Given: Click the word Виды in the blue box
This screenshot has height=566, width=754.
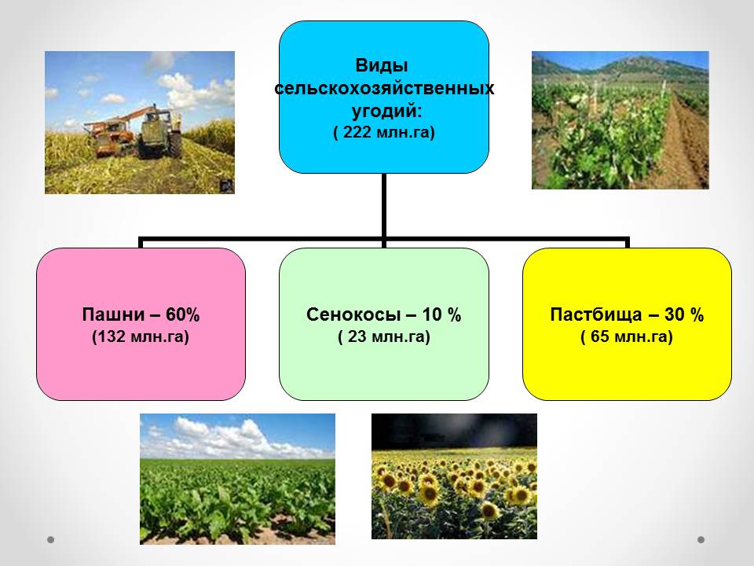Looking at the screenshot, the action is (x=382, y=65).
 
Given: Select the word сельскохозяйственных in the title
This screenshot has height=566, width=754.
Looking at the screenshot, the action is (x=384, y=89).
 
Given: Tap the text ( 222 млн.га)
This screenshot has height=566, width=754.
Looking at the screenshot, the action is (x=384, y=132).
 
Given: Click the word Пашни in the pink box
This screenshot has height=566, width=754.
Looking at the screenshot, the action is (x=113, y=314).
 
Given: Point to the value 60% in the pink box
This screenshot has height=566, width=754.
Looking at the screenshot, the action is (x=183, y=314).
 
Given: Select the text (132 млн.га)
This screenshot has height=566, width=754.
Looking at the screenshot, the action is (x=141, y=336).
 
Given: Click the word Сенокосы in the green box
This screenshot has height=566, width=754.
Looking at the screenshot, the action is (x=353, y=314).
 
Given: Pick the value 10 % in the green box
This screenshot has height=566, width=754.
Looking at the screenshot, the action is (x=442, y=314).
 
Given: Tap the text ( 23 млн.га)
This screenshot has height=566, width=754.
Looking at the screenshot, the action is (x=384, y=336).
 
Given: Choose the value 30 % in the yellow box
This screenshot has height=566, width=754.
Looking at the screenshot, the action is (x=684, y=314).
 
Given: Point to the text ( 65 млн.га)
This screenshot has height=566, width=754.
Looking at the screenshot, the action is (x=627, y=336).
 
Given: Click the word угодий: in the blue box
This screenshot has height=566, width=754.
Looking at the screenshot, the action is (x=387, y=111).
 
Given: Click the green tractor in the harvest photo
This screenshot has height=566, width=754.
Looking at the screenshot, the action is (x=158, y=132).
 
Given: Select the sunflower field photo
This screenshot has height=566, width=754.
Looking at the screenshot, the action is (x=455, y=476).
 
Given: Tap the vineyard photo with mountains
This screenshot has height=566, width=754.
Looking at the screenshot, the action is (x=620, y=119).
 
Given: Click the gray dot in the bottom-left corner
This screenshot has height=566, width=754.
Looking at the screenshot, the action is (x=50, y=539).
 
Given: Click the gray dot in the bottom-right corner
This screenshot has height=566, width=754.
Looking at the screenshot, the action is (x=701, y=540).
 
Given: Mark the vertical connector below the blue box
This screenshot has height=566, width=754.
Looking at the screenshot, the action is (x=384, y=205).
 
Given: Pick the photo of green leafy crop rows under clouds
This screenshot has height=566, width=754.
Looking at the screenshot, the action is (x=237, y=479).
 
